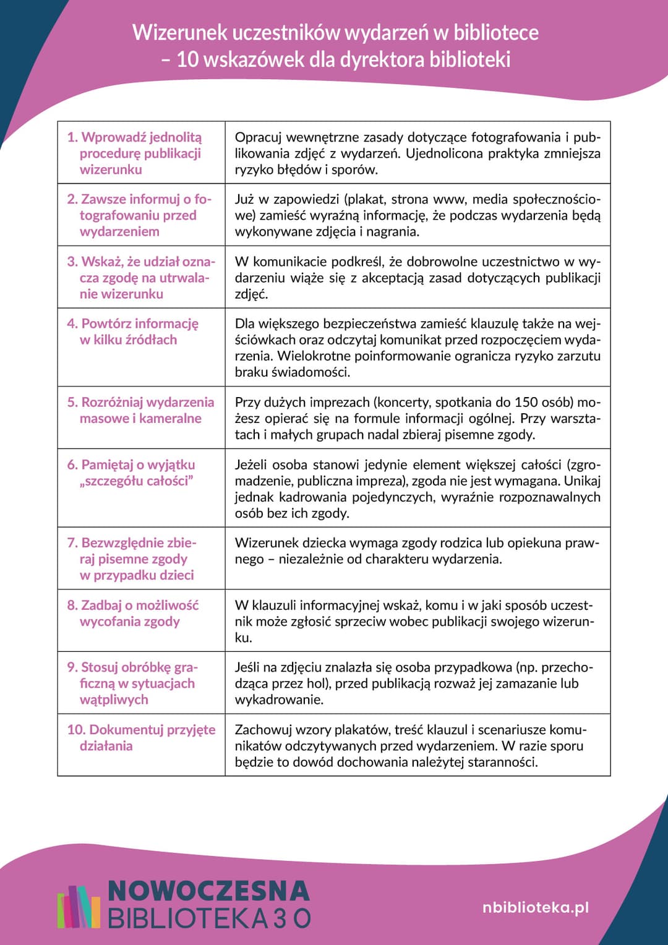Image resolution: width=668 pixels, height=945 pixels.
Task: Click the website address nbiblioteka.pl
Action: point(535,907)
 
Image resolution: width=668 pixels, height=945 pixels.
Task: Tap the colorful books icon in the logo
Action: point(78,907)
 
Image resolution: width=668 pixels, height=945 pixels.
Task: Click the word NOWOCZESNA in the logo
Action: point(208,891)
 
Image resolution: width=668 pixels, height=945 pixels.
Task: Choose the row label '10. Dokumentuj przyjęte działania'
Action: point(141,737)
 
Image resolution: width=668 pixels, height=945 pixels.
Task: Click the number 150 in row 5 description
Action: point(527,402)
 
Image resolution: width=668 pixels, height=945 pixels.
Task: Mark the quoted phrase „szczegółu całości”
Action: point(137,481)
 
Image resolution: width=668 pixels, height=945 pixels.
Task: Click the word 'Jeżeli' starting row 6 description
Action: point(250,464)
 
